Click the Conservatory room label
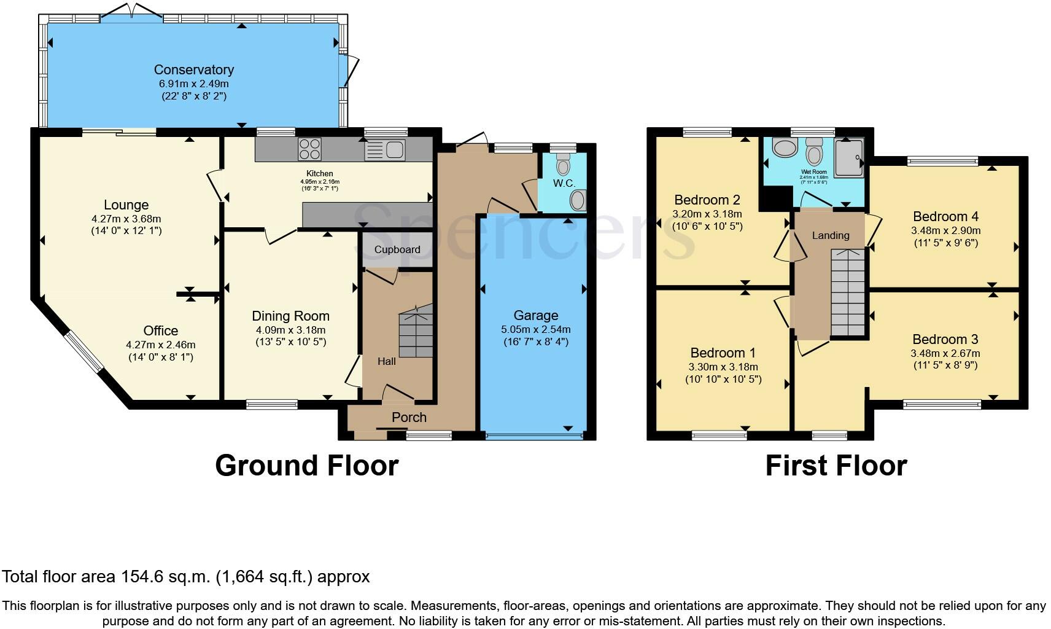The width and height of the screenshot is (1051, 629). (193, 69)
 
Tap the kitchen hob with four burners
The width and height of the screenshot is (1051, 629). (309, 149)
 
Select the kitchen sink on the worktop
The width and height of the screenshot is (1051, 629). (385, 149)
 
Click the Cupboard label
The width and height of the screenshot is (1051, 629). (397, 249)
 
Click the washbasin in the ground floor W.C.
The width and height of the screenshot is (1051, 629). (578, 200)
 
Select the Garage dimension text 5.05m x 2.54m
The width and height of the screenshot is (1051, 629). (535, 329)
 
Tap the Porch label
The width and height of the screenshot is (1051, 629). (409, 417)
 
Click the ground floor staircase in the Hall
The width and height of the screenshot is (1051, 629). (416, 335)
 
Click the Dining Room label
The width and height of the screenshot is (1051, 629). (290, 316)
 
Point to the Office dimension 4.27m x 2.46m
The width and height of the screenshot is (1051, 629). (161, 345)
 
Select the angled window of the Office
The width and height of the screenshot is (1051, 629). (84, 352)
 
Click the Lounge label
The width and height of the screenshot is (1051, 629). (126, 205)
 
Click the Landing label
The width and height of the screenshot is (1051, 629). (831, 235)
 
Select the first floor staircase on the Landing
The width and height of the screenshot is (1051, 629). (848, 293)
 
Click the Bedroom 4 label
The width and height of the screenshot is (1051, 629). (945, 216)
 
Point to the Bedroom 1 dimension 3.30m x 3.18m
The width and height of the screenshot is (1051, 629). (723, 367)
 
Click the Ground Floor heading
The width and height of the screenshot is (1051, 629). (306, 466)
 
